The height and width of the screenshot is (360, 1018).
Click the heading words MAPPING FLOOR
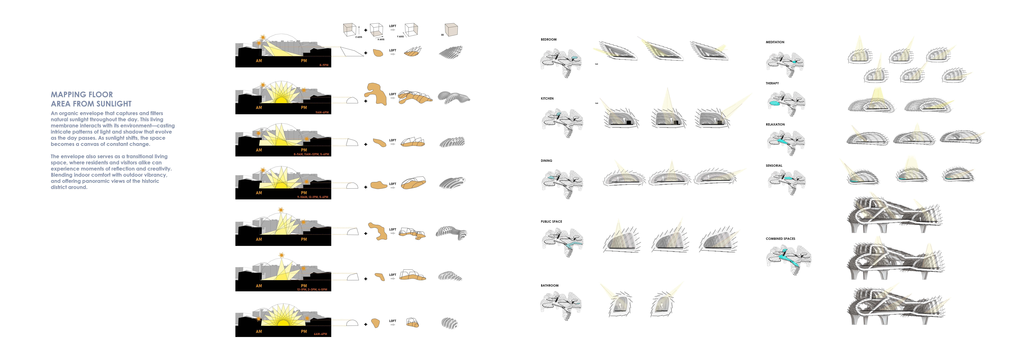(x=82, y=94)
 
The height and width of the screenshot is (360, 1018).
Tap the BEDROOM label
(x=549, y=40)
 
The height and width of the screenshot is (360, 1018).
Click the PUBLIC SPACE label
(x=551, y=222)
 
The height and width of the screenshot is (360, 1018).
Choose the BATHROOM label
(x=549, y=285)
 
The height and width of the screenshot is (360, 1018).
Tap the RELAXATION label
(x=775, y=125)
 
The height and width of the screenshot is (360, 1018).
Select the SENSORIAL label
(x=774, y=166)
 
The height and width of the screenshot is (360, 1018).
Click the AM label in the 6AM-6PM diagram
(x=259, y=332)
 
